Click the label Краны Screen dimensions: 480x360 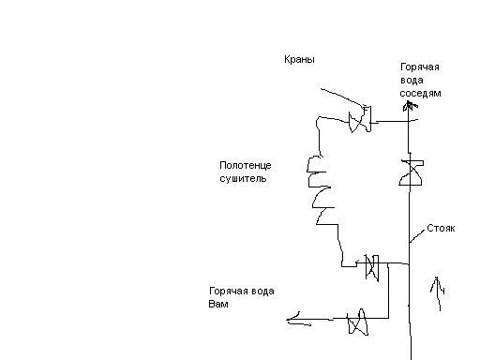(x=299, y=59)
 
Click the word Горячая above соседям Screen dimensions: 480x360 (x=420, y=67)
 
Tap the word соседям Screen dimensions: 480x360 (x=420, y=94)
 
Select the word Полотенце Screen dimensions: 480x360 (x=246, y=165)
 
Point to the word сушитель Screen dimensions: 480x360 (x=243, y=178)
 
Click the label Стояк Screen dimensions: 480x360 (x=441, y=229)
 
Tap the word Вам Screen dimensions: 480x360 (x=218, y=304)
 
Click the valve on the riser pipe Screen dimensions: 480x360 (x=412, y=172)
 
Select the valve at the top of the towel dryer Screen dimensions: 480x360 (x=360, y=120)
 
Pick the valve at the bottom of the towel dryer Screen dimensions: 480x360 (x=372, y=267)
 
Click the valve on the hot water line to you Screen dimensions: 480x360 (x=357, y=322)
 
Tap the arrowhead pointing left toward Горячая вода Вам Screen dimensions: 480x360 (x=293, y=319)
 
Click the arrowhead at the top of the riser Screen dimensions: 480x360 (x=410, y=106)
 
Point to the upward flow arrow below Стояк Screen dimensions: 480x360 (x=439, y=292)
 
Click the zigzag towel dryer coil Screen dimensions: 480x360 (x=322, y=190)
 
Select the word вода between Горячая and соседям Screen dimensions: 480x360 (x=412, y=81)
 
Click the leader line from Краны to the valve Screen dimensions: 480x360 (x=343, y=97)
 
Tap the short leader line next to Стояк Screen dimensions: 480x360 (x=418, y=236)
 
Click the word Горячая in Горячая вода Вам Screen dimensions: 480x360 (x=228, y=292)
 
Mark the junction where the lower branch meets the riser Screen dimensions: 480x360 (x=410, y=264)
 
